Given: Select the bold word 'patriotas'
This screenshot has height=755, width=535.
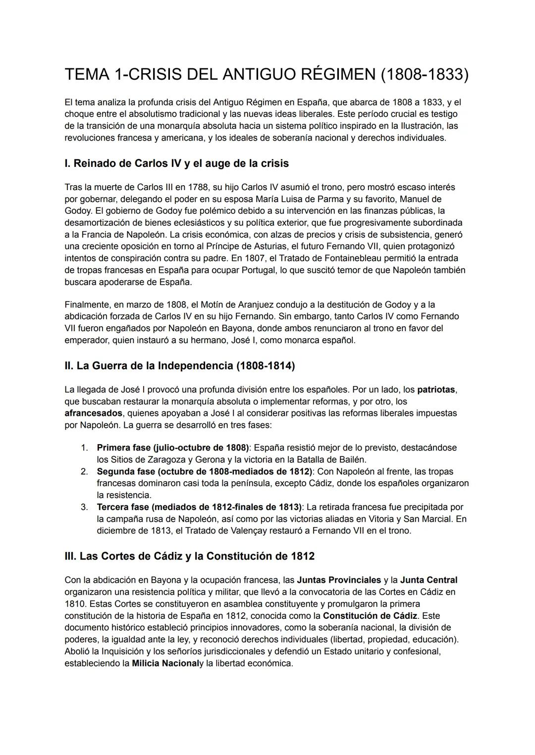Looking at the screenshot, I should coord(436,390).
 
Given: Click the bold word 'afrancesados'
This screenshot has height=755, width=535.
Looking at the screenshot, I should coord(93,413).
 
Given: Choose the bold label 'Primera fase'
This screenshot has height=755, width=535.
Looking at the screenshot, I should coord(123,448).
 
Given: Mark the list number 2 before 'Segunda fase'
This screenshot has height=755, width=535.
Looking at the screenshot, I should coord(84,471).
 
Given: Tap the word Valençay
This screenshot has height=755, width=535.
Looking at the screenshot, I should coord(251,531).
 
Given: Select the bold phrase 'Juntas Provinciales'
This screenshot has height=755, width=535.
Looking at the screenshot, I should coord(339,580).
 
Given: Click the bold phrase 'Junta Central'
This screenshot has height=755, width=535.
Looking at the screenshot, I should coord(428,580).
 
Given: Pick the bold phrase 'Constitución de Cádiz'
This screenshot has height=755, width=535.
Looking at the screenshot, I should coord(370,616).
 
